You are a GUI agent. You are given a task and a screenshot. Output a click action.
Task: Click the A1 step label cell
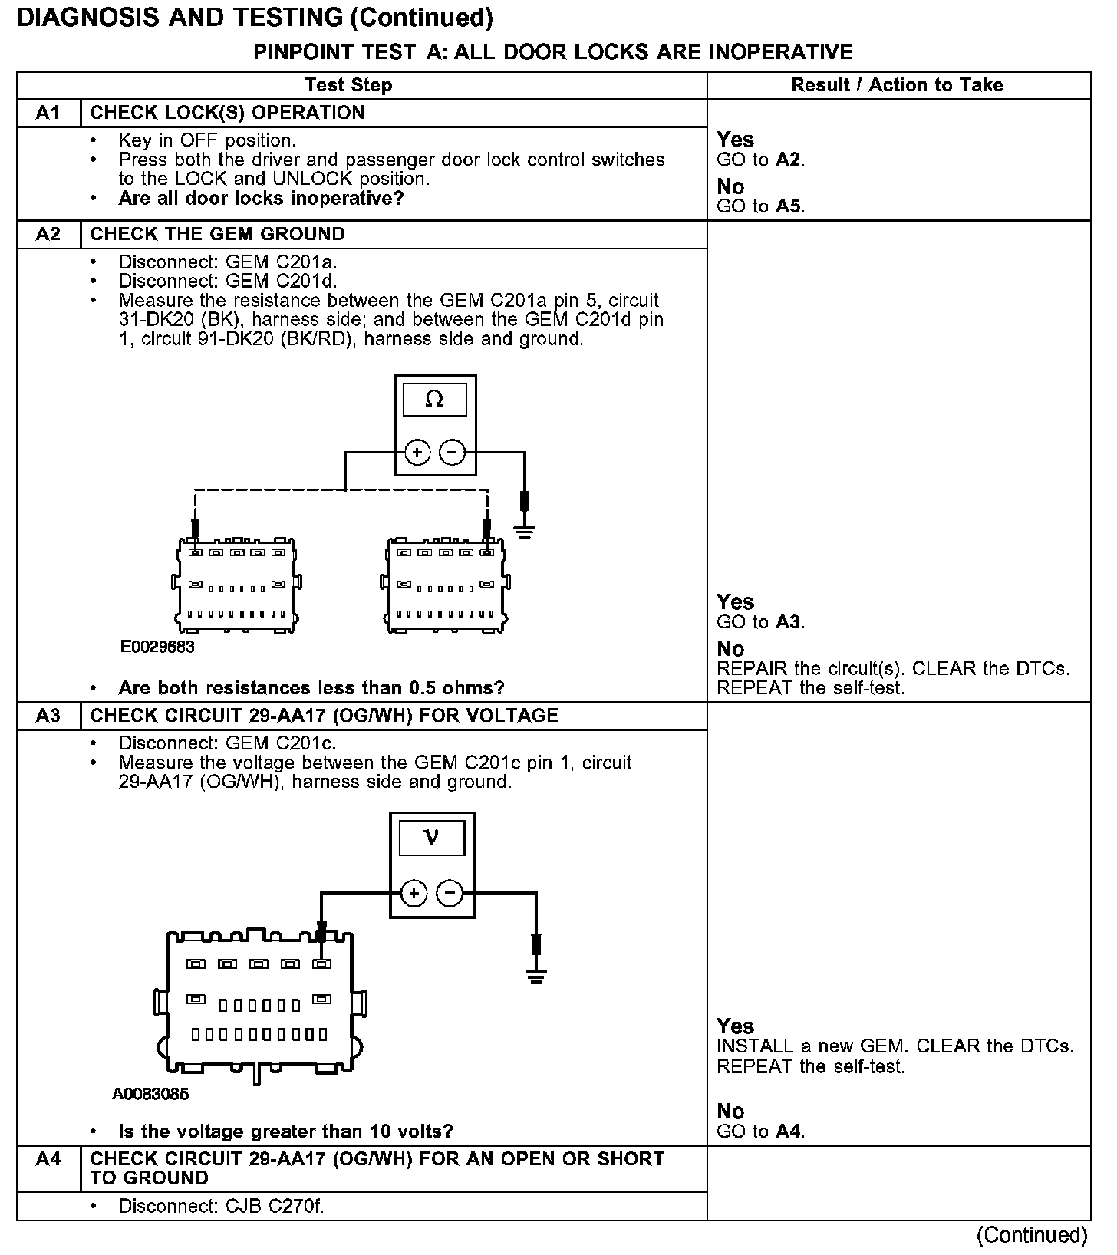click(48, 113)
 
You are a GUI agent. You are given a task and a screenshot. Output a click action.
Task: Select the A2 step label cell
click(48, 234)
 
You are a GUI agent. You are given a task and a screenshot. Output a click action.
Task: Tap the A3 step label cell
click(48, 716)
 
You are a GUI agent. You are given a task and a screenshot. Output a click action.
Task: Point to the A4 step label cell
click(48, 1158)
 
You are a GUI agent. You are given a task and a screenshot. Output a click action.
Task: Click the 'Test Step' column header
click(348, 85)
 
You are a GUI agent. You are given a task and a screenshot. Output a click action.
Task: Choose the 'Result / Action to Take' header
click(897, 85)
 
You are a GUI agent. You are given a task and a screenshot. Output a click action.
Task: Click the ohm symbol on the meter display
click(434, 400)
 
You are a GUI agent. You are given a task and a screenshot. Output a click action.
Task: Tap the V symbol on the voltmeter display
click(431, 838)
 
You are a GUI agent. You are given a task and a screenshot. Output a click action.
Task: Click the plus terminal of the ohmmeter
click(417, 453)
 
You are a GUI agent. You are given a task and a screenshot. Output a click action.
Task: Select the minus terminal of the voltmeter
click(450, 893)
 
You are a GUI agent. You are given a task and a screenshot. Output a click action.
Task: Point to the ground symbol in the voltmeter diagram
click(535, 976)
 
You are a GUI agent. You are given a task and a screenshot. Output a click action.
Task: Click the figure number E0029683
click(157, 647)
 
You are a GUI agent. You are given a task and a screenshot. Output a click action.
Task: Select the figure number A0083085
click(150, 1094)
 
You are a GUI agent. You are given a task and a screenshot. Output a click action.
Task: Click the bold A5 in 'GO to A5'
click(789, 206)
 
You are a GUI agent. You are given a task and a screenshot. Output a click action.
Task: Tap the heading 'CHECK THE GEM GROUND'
click(218, 234)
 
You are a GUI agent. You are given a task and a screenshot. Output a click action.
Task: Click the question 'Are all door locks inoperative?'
click(261, 199)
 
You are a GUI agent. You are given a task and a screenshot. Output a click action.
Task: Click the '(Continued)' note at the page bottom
click(1031, 1234)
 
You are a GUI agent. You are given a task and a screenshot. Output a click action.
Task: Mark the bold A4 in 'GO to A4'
click(789, 1131)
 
